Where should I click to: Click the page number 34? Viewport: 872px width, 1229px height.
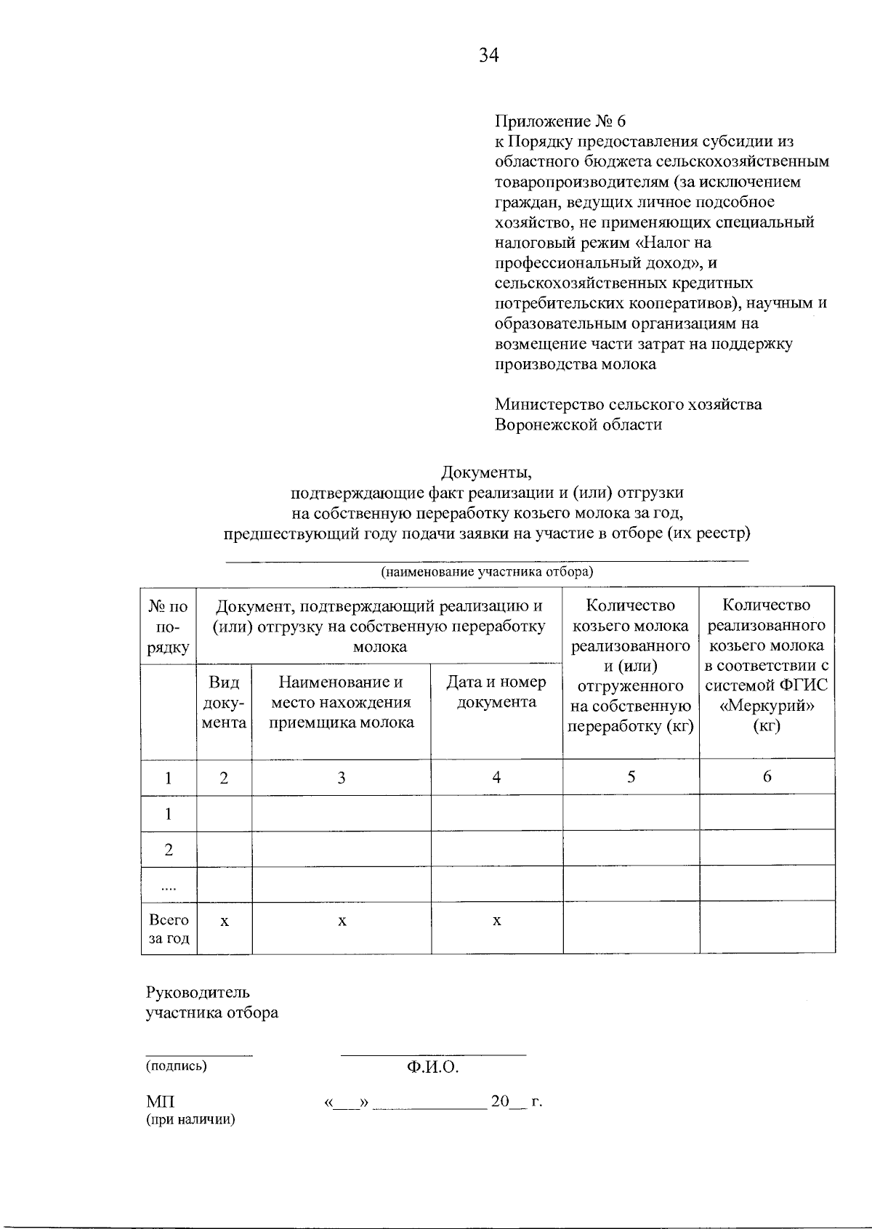tap(489, 55)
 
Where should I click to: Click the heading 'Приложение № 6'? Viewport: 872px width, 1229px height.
tap(560, 121)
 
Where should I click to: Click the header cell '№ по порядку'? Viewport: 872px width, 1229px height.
tap(169, 626)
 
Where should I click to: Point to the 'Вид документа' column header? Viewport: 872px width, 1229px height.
tap(224, 702)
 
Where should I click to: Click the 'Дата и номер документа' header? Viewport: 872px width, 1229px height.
tap(496, 692)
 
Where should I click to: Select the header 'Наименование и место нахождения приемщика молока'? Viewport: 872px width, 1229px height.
tap(342, 702)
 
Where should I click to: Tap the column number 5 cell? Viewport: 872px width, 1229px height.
tap(631, 777)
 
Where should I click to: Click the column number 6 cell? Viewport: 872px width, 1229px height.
tap(767, 777)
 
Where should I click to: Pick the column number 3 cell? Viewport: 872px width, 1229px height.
tap(342, 778)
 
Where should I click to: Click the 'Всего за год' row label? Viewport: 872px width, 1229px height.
tap(169, 929)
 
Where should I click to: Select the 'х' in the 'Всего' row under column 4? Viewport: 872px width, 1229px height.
tap(497, 921)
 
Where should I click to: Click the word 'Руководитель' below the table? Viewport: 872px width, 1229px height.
tap(198, 993)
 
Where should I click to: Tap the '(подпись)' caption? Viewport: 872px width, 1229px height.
tap(176, 1066)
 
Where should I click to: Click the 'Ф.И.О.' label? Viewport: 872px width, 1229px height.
tap(433, 1067)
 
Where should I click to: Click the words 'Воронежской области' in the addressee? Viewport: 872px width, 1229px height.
tap(578, 424)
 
